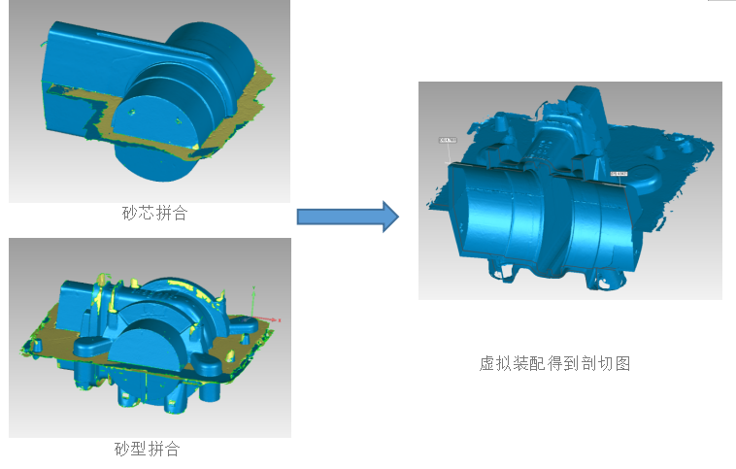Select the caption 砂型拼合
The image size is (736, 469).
[x=148, y=449]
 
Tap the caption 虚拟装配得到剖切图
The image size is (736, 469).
[x=555, y=363]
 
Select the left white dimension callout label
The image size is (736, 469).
[x=448, y=141]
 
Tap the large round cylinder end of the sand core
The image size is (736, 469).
[x=209, y=58]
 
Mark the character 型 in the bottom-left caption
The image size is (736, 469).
[x=140, y=449]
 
